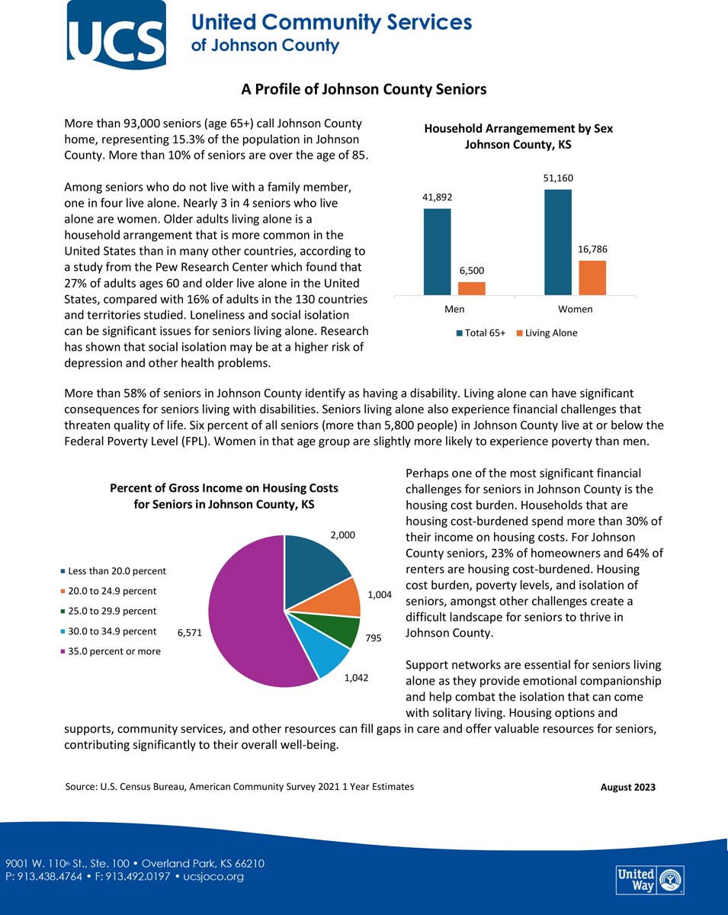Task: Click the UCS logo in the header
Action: pyautogui.click(x=116, y=34)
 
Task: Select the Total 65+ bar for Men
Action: pyautogui.click(x=437, y=251)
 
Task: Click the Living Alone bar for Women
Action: pyautogui.click(x=592, y=278)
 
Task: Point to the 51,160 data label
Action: pyautogui.click(x=558, y=178)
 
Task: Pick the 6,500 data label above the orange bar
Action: pyautogui.click(x=471, y=271)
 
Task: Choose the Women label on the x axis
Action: pyautogui.click(x=575, y=310)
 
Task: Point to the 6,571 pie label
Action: pyautogui.click(x=190, y=632)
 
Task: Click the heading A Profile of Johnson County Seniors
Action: pyautogui.click(x=364, y=90)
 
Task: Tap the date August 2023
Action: pyautogui.click(x=627, y=788)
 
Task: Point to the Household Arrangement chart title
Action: pyautogui.click(x=518, y=136)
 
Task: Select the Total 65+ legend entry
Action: pyautogui.click(x=481, y=333)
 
